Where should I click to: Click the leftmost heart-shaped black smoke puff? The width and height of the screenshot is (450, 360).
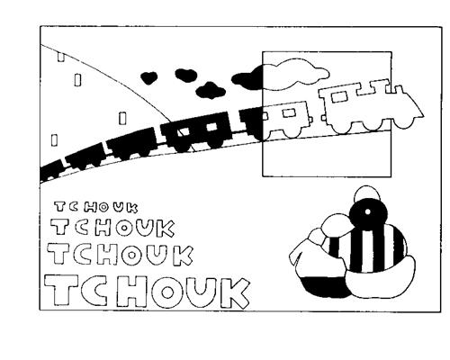coord(148,77)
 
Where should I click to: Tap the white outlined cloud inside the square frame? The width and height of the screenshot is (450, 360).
coord(295,74)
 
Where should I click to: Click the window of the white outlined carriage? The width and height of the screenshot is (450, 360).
coord(290,112)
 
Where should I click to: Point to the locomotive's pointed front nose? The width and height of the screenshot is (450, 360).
coord(420,114)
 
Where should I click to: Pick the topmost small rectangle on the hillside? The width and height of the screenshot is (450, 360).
coord(61,57)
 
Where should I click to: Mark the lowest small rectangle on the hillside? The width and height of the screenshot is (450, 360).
coord(54,140)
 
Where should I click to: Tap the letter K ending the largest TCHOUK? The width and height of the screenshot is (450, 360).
coord(234,293)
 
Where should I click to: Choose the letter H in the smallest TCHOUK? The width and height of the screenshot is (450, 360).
coord(90,207)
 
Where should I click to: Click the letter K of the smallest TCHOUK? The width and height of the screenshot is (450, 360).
coord(132,208)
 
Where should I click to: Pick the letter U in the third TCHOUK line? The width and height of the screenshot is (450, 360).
coord(159,254)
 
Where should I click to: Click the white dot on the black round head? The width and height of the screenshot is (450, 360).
coord(367,211)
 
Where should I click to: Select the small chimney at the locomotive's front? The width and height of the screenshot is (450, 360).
coord(399,90)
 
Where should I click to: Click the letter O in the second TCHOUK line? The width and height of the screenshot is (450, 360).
coord(124,229)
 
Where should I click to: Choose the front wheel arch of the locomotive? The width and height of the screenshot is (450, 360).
coord(403,123)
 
